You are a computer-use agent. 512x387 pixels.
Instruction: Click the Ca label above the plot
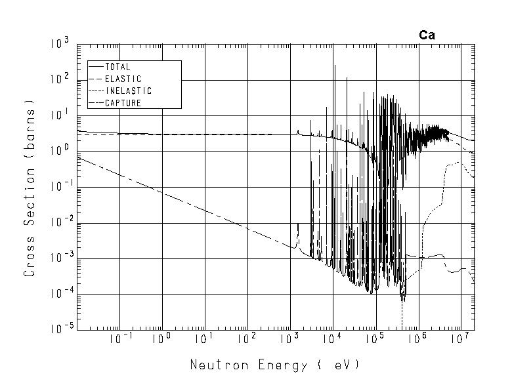point(427,35)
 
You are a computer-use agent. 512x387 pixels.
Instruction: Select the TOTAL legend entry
point(117,67)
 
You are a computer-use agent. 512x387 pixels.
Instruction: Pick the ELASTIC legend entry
point(123,79)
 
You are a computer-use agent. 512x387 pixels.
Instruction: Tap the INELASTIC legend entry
point(128,91)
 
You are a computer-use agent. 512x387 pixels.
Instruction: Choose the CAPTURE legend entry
point(123,103)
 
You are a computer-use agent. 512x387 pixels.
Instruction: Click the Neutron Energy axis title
point(275,365)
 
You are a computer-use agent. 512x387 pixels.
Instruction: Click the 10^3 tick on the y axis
point(60,45)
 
